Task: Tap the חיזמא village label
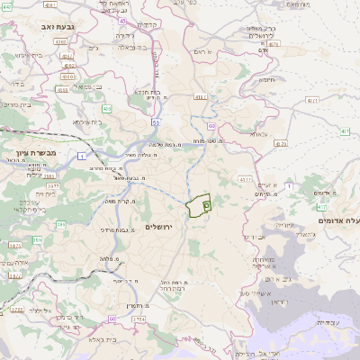click(267, 80)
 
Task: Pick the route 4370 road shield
click(281, 143)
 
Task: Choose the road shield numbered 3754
click(139, 319)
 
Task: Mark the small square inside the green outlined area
click(206, 205)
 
